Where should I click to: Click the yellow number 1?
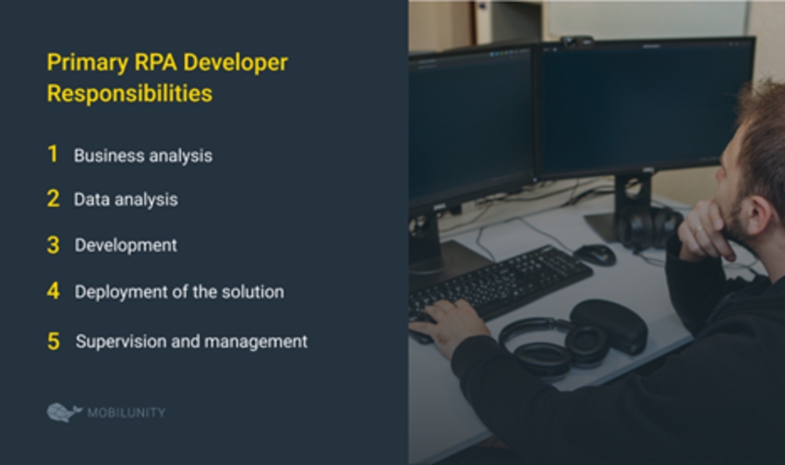pyautogui.click(x=53, y=153)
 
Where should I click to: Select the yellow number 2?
pyautogui.click(x=53, y=199)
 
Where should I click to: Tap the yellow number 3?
pyautogui.click(x=53, y=245)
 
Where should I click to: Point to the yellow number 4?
pyautogui.click(x=53, y=290)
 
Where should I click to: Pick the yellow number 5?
pyautogui.click(x=54, y=341)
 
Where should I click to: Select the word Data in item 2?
pyautogui.click(x=91, y=200)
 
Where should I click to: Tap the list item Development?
pyautogui.click(x=126, y=246)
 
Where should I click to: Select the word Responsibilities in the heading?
pyautogui.click(x=129, y=93)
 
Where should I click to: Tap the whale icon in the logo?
pyautogui.click(x=64, y=412)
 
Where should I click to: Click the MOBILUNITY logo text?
pyautogui.click(x=127, y=412)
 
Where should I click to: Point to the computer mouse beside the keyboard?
pyautogui.click(x=595, y=254)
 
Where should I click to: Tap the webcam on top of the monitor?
pyautogui.click(x=576, y=42)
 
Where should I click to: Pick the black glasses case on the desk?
pyautogui.click(x=609, y=324)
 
